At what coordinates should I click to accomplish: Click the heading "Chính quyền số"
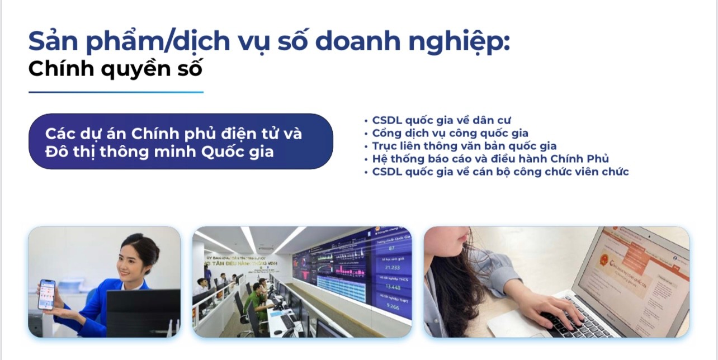(115, 69)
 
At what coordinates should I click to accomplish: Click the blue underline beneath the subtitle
(116, 92)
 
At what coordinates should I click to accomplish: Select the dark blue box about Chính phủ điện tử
(180, 142)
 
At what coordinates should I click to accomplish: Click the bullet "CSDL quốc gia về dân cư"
(441, 120)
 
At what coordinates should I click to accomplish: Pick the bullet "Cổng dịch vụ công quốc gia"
(450, 133)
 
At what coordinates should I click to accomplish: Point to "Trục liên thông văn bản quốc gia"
(464, 146)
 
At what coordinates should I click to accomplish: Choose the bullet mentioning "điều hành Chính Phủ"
(490, 159)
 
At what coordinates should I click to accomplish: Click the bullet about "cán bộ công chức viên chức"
(500, 172)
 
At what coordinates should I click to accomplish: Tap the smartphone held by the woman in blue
(46, 295)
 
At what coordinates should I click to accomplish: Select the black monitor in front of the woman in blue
(143, 312)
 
